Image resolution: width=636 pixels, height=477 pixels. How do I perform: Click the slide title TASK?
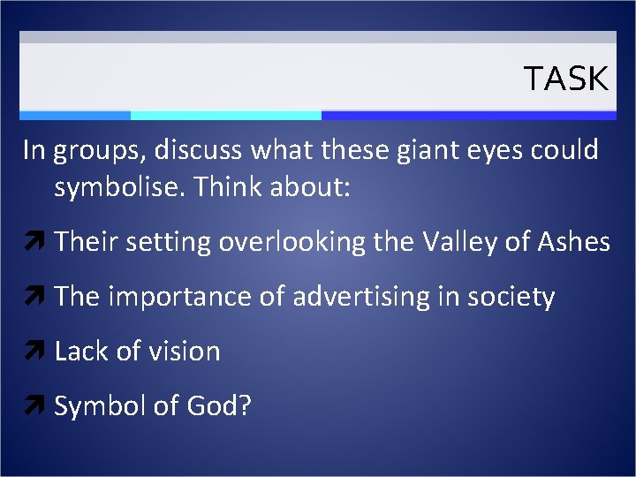pyautogui.click(x=566, y=79)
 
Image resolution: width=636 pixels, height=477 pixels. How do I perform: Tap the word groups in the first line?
pyautogui.click(x=96, y=152)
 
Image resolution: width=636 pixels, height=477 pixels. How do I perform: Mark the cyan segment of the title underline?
pyautogui.click(x=225, y=115)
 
